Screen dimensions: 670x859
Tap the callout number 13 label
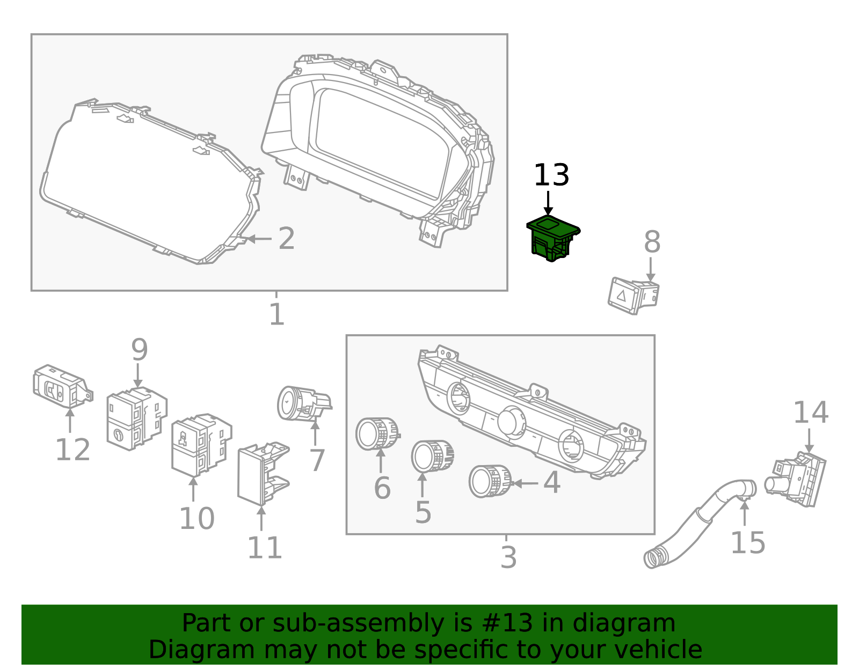coord(551,175)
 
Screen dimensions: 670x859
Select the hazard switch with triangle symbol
coord(632,295)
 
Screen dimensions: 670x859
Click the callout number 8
coord(652,242)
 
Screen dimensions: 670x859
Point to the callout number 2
coord(286,239)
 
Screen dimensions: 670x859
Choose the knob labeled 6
coord(377,433)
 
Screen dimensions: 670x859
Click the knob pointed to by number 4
coord(490,481)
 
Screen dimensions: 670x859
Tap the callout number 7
coord(317,460)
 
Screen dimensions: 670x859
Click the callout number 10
coord(196,519)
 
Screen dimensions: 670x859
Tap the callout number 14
coord(810,413)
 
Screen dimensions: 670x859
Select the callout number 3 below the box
coord(508,558)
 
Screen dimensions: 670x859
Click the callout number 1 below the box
coord(276,315)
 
